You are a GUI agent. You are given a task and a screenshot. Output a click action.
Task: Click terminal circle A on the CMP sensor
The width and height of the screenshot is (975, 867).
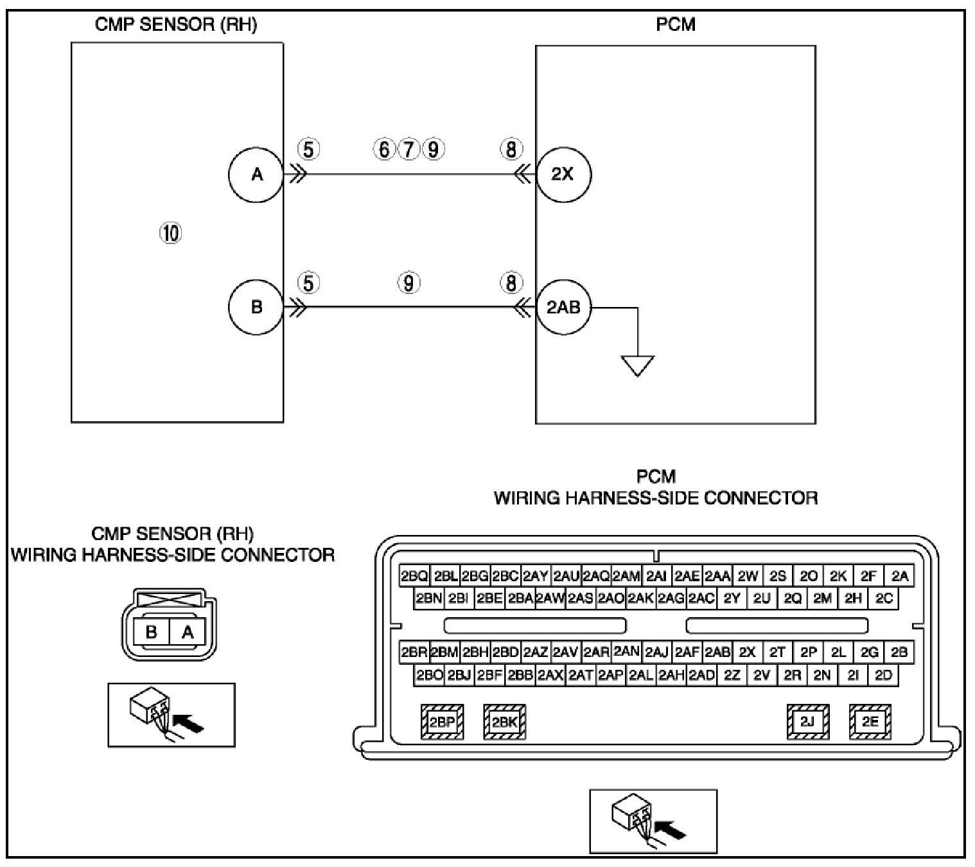pos(256,174)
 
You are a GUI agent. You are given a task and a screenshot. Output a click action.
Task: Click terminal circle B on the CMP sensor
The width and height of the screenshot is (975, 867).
pos(256,307)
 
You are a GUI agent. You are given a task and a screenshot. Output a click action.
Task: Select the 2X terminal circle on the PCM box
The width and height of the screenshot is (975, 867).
pos(563,174)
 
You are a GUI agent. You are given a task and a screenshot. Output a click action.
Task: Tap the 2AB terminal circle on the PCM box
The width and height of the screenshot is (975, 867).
pos(563,307)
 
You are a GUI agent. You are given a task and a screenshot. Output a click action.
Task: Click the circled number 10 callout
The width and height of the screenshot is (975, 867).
pos(170,233)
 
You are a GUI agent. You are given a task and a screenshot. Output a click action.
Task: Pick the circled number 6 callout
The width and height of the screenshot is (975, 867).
pos(384,150)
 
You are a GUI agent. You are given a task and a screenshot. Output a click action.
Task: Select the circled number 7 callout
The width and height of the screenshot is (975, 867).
pos(408,150)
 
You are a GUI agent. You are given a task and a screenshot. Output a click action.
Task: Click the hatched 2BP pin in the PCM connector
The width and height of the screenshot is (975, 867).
pos(442,722)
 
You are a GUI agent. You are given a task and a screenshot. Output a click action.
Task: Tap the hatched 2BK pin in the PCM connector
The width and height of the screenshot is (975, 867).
pos(504,722)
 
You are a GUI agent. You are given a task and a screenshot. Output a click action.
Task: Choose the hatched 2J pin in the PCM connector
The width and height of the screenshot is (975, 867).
pos(807,722)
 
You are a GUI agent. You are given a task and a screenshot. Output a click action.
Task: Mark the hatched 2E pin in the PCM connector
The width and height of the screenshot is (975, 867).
pos(870,722)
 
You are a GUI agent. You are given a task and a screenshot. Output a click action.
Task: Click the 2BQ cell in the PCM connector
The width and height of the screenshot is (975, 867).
pos(414,576)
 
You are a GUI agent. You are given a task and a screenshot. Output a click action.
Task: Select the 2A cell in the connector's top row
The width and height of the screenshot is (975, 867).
pos(900,576)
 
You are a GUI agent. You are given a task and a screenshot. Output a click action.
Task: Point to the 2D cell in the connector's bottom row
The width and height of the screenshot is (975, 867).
pos(884,675)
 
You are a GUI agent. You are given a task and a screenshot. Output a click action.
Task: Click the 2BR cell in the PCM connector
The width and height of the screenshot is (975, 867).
pos(414,652)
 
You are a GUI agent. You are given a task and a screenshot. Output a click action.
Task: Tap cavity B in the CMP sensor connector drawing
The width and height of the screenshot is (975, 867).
pos(152,632)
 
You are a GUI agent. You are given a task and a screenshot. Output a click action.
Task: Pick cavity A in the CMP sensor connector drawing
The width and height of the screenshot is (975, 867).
pos(187,632)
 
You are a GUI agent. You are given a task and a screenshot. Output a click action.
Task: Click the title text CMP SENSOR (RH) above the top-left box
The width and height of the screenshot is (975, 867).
pos(176,25)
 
